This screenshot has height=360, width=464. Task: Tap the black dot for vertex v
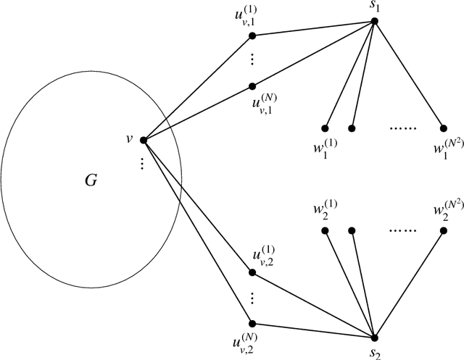pos(143,140)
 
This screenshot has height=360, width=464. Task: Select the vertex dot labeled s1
pos(374,21)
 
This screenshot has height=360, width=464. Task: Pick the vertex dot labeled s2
pos(374,338)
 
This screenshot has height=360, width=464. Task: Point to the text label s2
pos(375,352)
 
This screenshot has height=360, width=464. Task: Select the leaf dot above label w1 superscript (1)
pos(325,128)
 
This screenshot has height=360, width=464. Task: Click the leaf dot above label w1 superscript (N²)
pos(443,128)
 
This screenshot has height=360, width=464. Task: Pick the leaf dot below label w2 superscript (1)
pos(325,230)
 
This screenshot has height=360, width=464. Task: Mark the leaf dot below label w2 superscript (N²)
pos(443,230)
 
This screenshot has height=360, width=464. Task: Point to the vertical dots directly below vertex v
pos(143,164)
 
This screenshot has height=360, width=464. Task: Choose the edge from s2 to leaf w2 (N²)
pos(408,284)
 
